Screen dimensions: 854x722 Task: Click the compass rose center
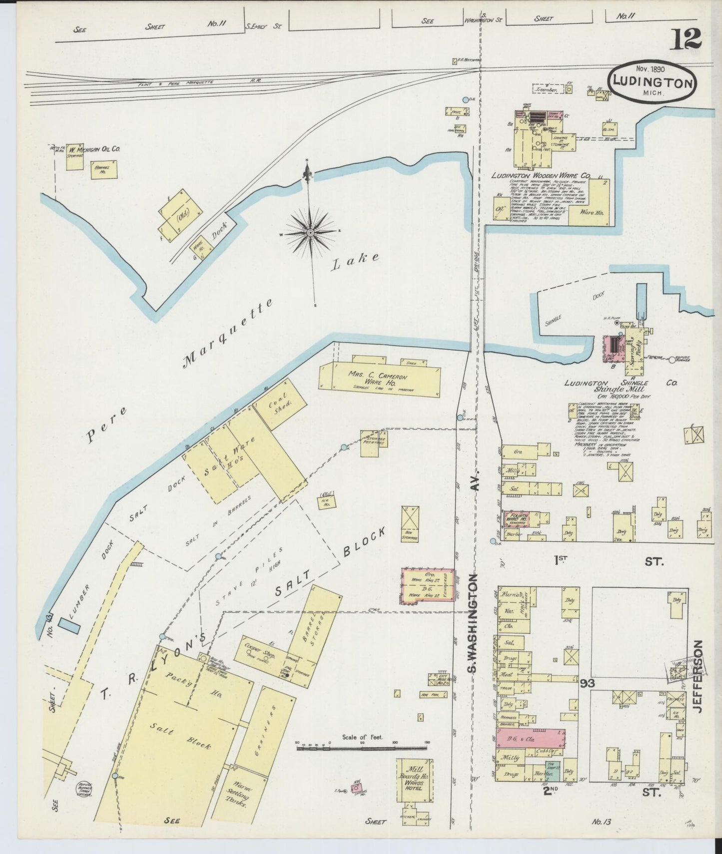[311, 232]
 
